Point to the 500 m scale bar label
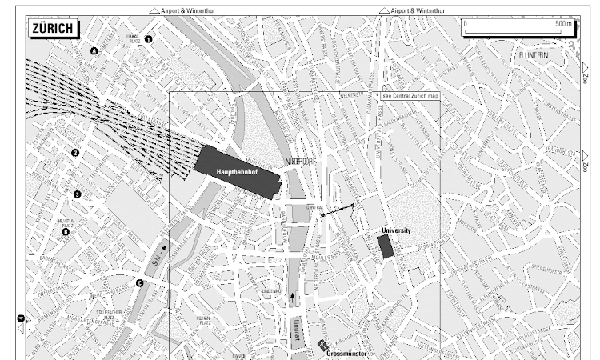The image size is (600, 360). coord(564,24)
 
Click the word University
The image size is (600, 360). coord(396,230)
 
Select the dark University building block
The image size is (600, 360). coord(386,246)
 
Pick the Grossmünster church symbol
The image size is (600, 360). coord(323,346)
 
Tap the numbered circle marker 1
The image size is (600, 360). coord(147,38)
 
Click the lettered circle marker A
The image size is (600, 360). coord(94,51)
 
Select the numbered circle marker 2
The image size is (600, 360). coord(76,153)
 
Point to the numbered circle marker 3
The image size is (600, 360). coord(78,194)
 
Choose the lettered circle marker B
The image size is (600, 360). coord(66,233)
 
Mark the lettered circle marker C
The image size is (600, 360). coord(139,282)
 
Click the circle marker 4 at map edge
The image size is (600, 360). coord(20,319)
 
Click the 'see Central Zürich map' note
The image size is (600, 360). coord(410,95)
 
